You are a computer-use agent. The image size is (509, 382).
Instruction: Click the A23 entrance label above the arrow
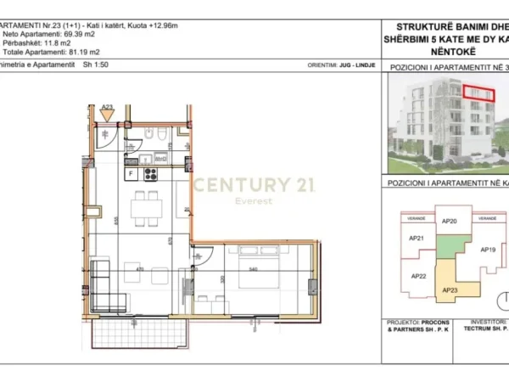pyautogui.click(x=107, y=108)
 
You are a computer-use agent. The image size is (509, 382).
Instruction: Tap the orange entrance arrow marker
pyautogui.click(x=107, y=115)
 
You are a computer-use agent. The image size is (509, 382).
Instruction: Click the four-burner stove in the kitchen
pyautogui.click(x=151, y=175)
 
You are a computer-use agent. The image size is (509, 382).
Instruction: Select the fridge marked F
pyautogui.click(x=131, y=175)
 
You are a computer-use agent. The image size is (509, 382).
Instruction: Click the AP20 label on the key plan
pyautogui.click(x=450, y=222)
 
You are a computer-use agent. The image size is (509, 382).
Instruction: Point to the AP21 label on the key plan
pyautogui.click(x=417, y=239)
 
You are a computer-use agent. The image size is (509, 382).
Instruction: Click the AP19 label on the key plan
pyautogui.click(x=487, y=250)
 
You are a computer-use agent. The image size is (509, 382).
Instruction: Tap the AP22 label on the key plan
pyautogui.click(x=418, y=276)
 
